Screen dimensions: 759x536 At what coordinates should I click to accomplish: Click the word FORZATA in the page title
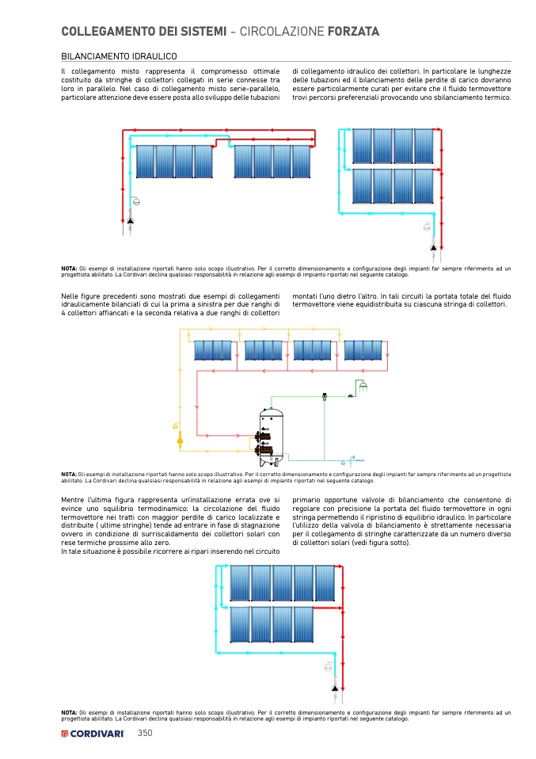(x=352, y=32)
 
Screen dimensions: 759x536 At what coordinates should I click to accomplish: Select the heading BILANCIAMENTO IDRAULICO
(x=119, y=57)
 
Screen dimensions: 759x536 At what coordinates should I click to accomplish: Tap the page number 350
(x=144, y=733)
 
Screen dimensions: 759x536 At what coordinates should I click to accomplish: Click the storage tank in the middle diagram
(x=272, y=434)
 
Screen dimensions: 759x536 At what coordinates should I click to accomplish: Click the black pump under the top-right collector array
(x=433, y=246)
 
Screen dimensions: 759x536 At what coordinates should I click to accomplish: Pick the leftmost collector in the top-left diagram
(x=145, y=162)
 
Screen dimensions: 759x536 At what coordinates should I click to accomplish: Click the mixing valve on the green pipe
(x=325, y=395)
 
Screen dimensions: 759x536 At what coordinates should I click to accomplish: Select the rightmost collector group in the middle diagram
(x=363, y=350)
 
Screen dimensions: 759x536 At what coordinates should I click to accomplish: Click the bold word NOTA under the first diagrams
(x=69, y=268)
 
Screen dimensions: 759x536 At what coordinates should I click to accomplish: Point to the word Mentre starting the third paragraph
(x=73, y=500)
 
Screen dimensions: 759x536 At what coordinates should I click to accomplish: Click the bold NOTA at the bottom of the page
(x=69, y=712)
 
